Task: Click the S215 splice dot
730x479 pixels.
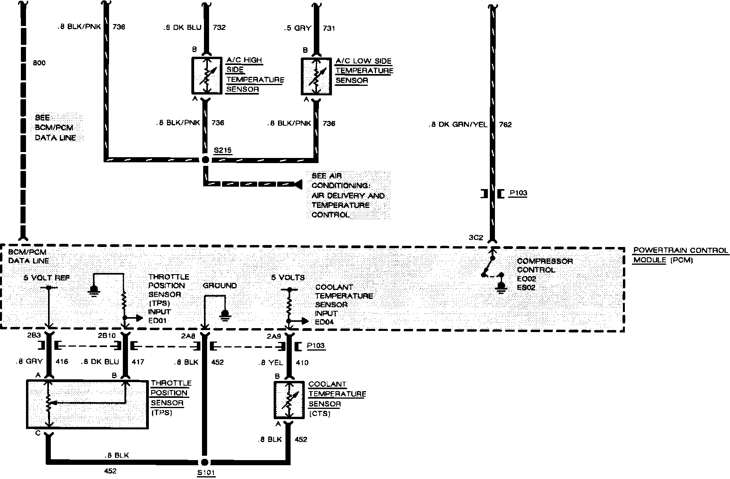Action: coord(205,160)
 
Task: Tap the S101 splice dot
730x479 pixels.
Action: coord(204,462)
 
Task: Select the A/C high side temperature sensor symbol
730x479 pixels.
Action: coord(207,76)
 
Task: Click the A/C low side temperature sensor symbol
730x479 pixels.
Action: coord(316,76)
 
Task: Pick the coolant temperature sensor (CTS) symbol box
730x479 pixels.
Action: coord(289,400)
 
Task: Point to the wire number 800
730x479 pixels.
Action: coord(39,63)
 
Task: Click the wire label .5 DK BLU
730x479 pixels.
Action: coord(182,28)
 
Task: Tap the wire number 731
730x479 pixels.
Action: coord(329,28)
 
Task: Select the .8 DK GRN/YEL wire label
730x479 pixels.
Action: coord(458,125)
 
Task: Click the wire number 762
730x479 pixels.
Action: coord(505,125)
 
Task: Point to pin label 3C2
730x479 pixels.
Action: coord(475,238)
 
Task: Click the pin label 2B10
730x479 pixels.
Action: coord(107,336)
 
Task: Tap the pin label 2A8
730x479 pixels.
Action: coord(188,336)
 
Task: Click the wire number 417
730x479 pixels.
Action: coord(138,362)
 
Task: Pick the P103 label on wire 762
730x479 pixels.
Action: coord(518,193)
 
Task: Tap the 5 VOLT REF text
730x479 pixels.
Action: coord(47,278)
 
